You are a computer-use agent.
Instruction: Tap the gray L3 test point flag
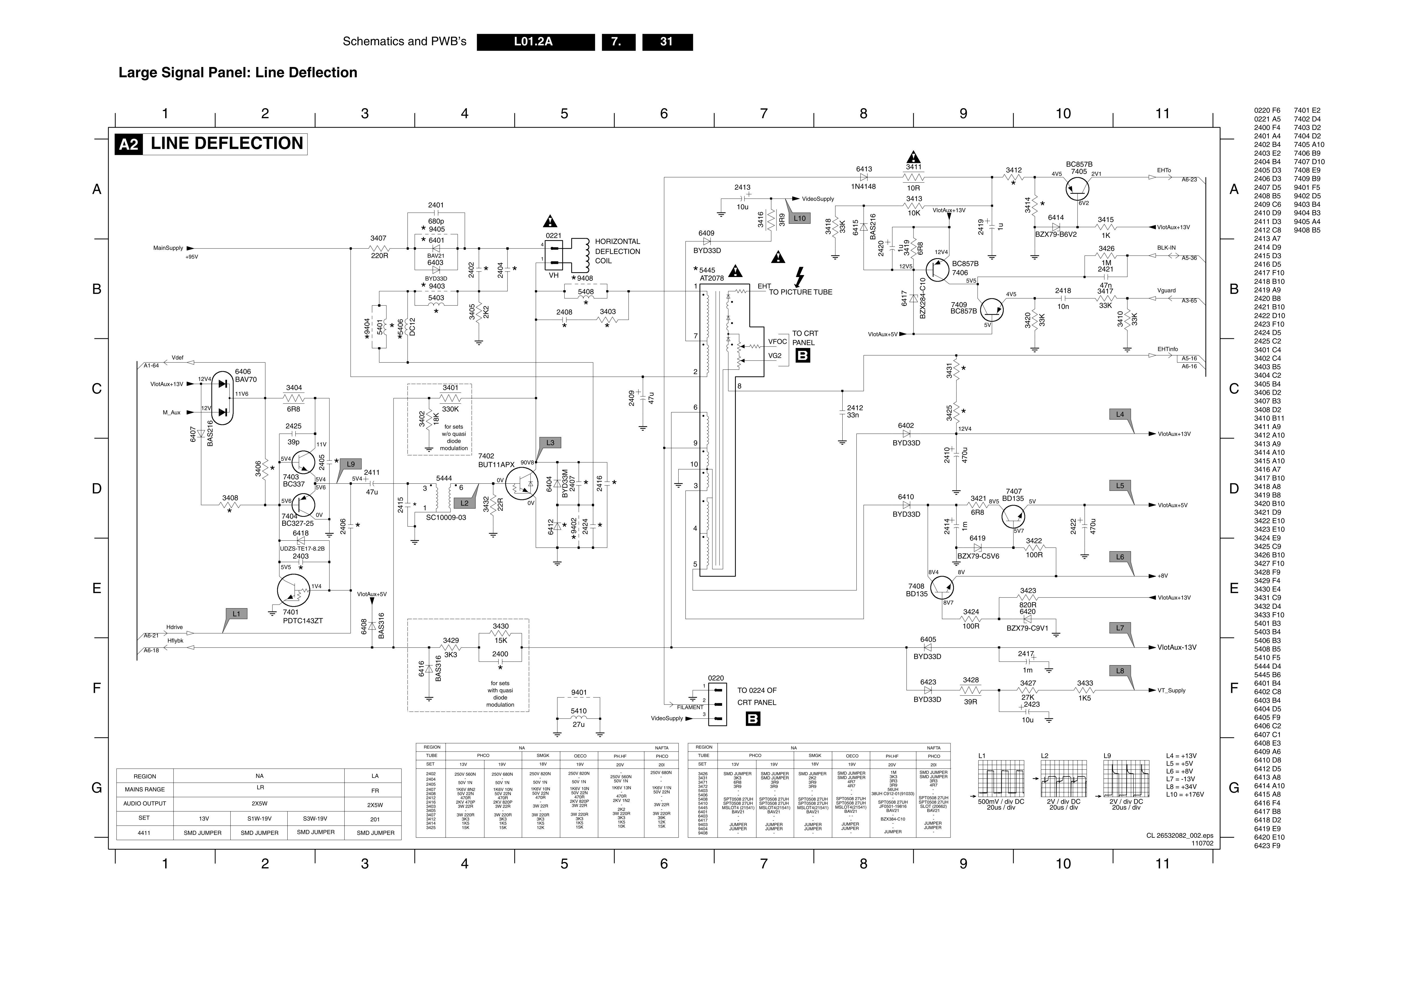[x=550, y=443]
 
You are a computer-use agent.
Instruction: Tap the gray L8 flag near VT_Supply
[x=1120, y=671]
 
